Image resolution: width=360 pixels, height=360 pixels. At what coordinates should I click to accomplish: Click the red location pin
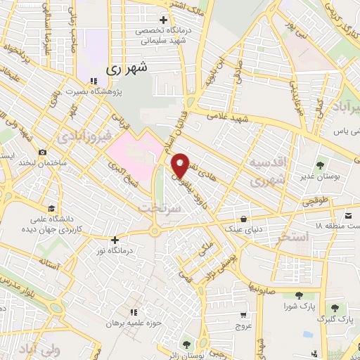[180, 165]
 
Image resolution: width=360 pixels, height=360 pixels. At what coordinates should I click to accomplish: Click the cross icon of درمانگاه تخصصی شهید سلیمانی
[163, 20]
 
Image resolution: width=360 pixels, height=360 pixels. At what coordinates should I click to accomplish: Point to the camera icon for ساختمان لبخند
[43, 153]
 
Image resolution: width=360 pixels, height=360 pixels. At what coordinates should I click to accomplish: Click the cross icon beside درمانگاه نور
[114, 239]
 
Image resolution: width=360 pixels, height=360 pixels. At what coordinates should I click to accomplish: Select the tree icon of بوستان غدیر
[321, 166]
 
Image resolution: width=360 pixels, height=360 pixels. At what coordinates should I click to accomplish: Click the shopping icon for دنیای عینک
[243, 218]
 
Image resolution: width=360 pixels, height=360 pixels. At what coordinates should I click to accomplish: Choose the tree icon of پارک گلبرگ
[336, 307]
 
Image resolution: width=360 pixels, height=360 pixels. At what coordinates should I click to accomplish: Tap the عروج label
[243, 326]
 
